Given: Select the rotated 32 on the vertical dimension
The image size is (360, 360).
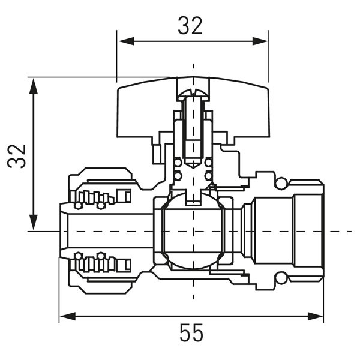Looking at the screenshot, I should (17, 155).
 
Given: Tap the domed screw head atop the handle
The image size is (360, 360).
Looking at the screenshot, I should (193, 94).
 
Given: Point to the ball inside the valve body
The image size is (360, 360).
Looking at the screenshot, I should (193, 232).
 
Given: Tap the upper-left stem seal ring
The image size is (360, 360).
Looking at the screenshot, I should (178, 163).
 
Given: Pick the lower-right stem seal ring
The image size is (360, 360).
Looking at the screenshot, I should (208, 176).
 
